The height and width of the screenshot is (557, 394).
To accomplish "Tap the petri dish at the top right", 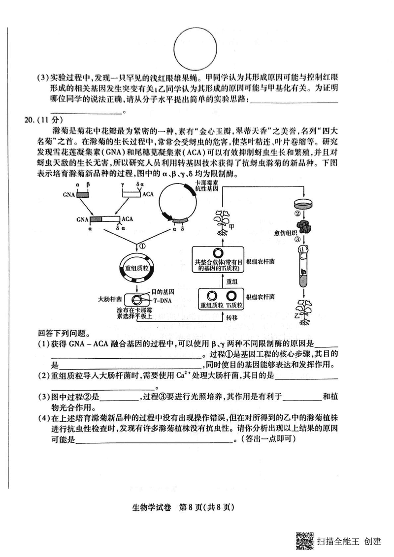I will (x=304, y=203).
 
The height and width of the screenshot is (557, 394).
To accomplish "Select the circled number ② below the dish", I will (x=297, y=214).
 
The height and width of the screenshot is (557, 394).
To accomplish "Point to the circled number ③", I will (x=297, y=240).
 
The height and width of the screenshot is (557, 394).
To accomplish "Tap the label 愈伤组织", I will (x=283, y=232).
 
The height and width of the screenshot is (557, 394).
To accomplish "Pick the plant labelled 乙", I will (x=304, y=312).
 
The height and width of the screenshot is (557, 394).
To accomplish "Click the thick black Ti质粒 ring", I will (x=231, y=296).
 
